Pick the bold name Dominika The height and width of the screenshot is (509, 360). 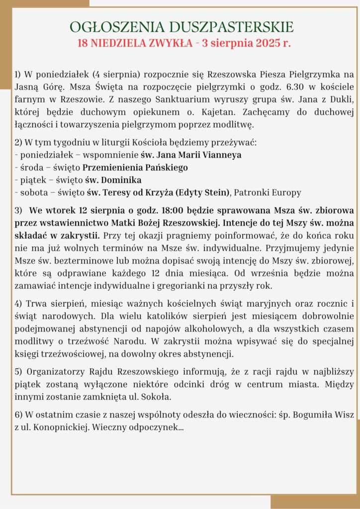(x=121, y=180)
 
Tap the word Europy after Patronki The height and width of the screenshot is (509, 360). (x=285, y=192)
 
